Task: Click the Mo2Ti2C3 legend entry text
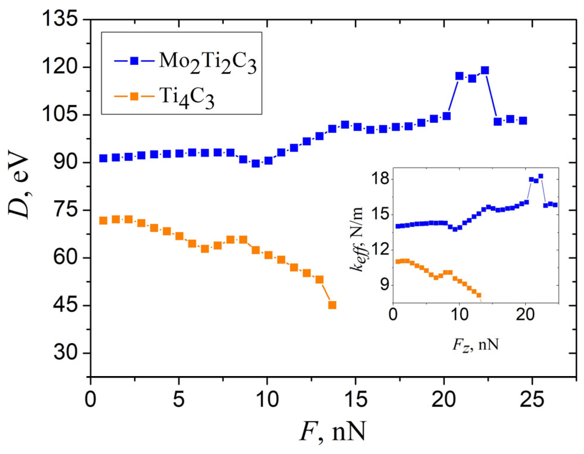click(x=207, y=63)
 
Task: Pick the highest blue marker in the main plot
click(x=485, y=70)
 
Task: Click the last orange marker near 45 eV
click(x=332, y=305)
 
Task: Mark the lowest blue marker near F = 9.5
click(x=256, y=164)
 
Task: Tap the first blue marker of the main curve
click(x=103, y=158)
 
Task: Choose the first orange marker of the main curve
click(x=103, y=221)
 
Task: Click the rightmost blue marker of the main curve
click(x=523, y=121)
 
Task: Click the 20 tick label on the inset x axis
click(x=525, y=315)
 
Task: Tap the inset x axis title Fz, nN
click(x=476, y=344)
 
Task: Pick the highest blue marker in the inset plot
click(x=541, y=176)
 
